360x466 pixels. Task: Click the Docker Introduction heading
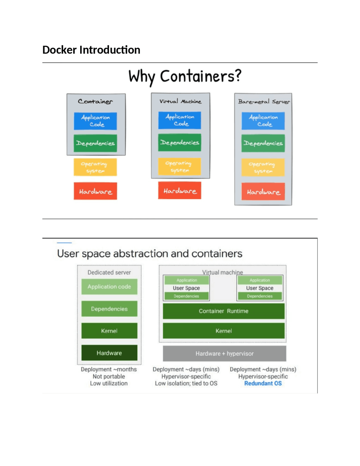point(91,50)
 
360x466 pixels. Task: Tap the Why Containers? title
point(185,76)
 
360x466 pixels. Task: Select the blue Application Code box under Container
point(95,121)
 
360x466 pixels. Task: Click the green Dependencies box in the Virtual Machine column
point(179,143)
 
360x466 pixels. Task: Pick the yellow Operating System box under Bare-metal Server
point(263,167)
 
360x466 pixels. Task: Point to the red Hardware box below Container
point(95,191)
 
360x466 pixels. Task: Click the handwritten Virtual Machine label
point(180,101)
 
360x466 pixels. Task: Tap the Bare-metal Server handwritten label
point(264,102)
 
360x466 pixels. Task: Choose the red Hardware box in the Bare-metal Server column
point(263,192)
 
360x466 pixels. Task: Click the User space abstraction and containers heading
point(149,254)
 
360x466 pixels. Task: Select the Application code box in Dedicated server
point(109,286)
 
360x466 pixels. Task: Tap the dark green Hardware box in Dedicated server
point(109,353)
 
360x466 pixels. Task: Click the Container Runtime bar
point(224,311)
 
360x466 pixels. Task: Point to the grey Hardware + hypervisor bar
point(224,353)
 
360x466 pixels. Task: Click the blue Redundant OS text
point(263,383)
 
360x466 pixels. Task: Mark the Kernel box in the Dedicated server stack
point(109,331)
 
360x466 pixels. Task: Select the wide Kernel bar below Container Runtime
point(224,331)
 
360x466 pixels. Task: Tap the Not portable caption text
point(109,376)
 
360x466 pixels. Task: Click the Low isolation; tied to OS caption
point(186,383)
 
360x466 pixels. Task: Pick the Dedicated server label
point(109,272)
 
